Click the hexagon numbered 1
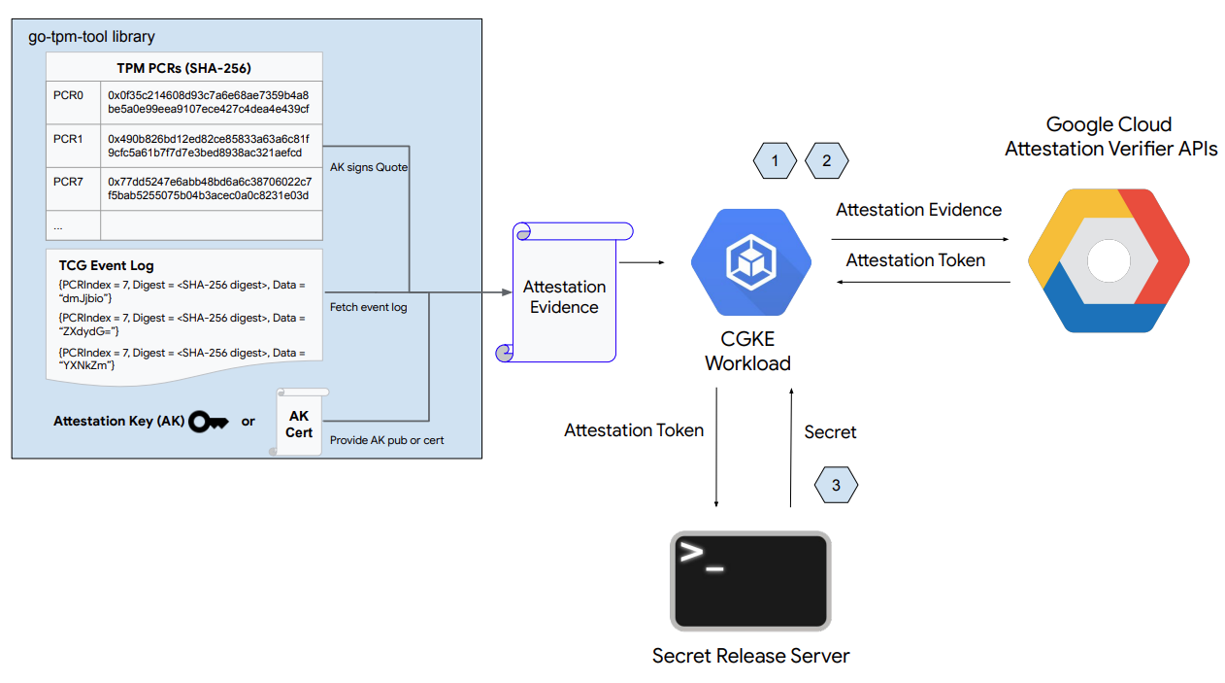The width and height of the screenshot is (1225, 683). tap(775, 160)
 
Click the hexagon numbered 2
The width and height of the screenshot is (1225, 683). tap(826, 160)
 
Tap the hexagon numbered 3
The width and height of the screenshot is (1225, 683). tap(836, 485)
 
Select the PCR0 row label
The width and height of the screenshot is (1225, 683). tap(68, 96)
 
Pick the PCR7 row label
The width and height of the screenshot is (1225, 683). tap(68, 182)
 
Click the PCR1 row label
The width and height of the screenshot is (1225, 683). tap(68, 139)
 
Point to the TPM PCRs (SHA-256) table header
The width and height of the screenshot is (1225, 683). tap(183, 68)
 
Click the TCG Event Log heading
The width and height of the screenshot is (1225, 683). tap(106, 265)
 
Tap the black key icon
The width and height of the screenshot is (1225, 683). tap(209, 421)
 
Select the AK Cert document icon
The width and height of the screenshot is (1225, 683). tap(299, 423)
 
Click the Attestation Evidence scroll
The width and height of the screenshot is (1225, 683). tap(564, 295)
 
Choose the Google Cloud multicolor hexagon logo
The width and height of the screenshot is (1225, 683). tap(1109, 260)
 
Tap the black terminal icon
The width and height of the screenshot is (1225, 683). tap(750, 581)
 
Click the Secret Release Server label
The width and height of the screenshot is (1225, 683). tap(750, 656)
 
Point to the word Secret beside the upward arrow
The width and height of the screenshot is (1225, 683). tap(830, 432)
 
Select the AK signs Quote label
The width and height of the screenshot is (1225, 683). tap(369, 167)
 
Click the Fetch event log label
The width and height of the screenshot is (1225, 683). tap(368, 307)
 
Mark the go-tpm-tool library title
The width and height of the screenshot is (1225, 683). tap(92, 37)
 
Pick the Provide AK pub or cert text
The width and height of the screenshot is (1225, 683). tap(386, 440)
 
